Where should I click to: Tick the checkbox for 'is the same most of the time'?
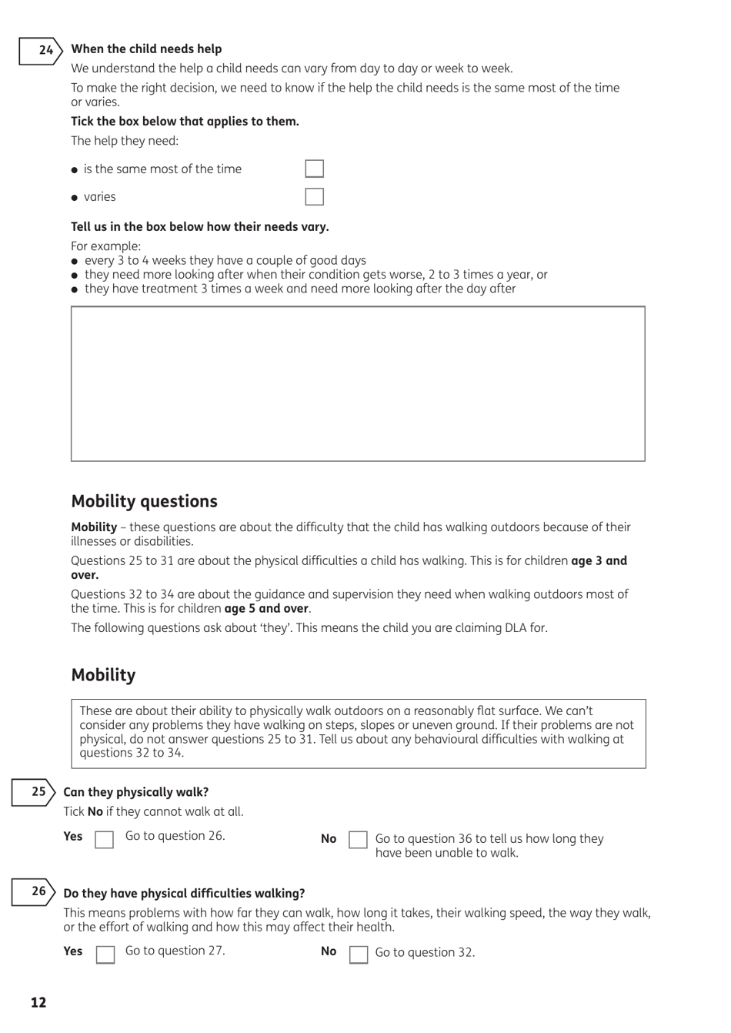point(314,169)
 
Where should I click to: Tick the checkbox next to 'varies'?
point(314,196)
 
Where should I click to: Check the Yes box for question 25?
point(104,839)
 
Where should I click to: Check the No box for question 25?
point(358,840)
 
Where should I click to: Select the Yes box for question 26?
point(105,954)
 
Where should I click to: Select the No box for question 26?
point(359,954)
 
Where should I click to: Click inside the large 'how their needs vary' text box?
point(358,383)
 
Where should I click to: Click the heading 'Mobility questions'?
point(144,501)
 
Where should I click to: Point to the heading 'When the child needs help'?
point(146,48)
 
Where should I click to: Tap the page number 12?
point(38,1002)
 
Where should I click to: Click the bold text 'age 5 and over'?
point(266,609)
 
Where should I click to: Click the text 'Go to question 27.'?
point(175,951)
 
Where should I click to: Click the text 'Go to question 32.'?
point(425,952)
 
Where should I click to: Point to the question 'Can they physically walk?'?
point(135,792)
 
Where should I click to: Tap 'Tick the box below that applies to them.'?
point(185,121)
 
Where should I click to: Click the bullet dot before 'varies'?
point(75,198)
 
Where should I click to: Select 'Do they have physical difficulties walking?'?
point(184,893)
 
